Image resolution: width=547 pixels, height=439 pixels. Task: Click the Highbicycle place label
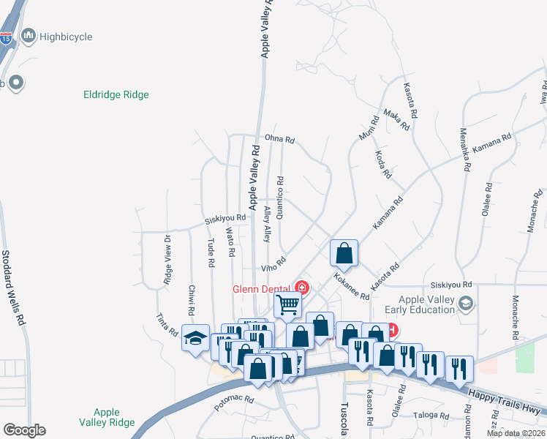click(x=66, y=36)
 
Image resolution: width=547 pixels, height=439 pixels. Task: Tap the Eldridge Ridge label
click(x=116, y=94)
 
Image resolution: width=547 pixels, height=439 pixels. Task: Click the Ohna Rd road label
click(x=279, y=138)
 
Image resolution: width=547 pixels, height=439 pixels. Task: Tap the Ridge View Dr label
click(x=167, y=259)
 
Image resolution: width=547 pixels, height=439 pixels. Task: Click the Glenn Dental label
click(x=262, y=288)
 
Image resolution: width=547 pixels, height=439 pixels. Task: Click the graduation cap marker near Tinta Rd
click(x=195, y=337)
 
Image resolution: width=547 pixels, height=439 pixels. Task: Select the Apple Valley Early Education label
click(x=427, y=304)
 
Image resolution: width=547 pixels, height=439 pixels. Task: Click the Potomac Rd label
click(x=233, y=401)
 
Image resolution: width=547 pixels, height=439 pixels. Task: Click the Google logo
click(x=24, y=430)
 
